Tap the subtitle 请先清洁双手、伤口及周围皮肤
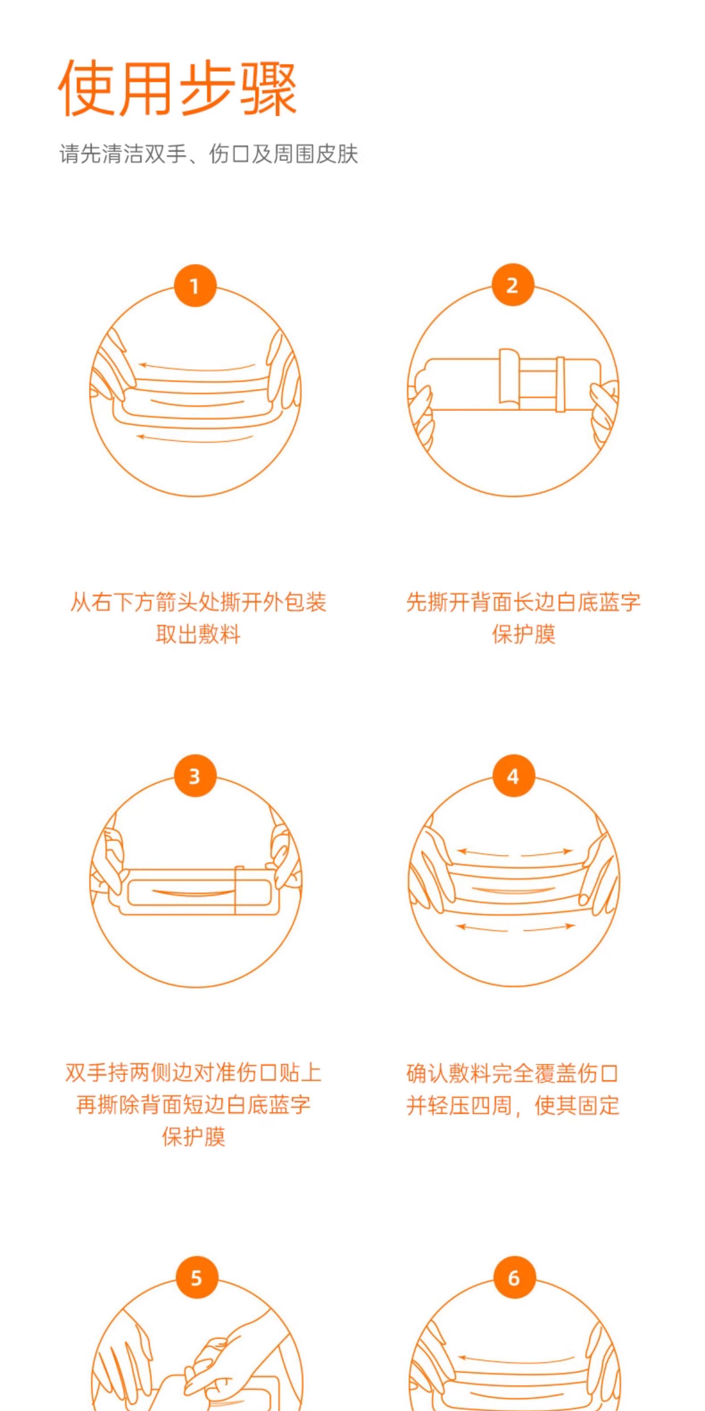[209, 154]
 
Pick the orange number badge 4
[513, 775]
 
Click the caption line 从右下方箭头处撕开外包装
[198, 602]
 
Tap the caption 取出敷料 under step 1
[198, 634]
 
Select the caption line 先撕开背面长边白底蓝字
[523, 602]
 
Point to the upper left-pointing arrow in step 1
[197, 367]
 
